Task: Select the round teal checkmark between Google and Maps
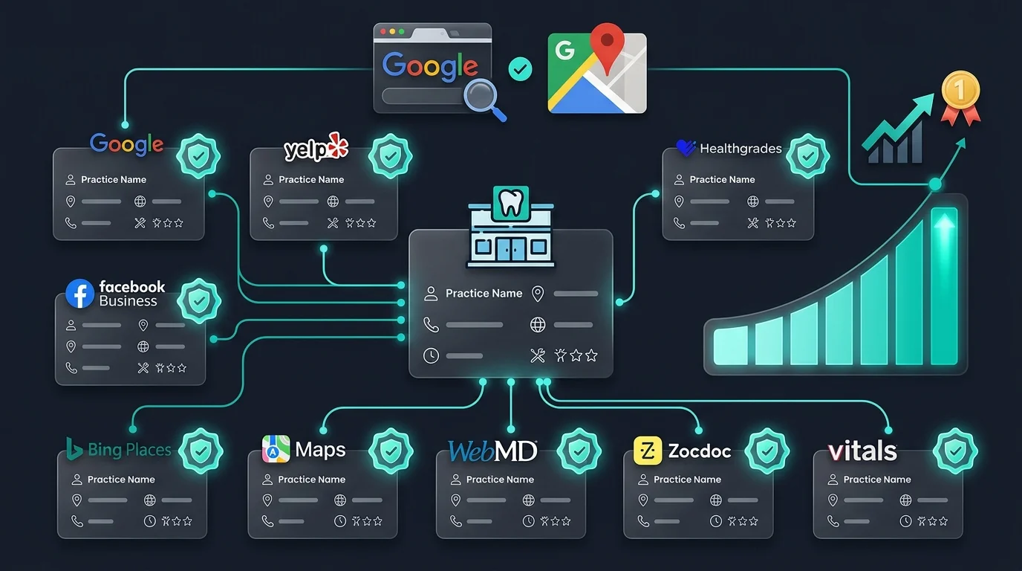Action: [520, 69]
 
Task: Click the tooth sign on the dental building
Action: [511, 203]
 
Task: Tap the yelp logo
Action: [316, 147]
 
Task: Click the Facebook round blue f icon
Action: [80, 293]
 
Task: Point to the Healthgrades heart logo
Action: [686, 147]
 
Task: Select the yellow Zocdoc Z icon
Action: [648, 451]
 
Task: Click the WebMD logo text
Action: [492, 451]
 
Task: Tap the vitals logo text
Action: [862, 451]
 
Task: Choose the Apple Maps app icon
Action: [276, 448]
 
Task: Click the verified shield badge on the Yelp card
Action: [391, 156]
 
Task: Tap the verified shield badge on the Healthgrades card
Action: [808, 156]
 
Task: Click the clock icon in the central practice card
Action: [431, 355]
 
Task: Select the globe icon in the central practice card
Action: [538, 325]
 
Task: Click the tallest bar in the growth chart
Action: [944, 286]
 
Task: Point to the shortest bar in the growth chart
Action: [730, 345]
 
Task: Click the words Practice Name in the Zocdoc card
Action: [687, 480]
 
